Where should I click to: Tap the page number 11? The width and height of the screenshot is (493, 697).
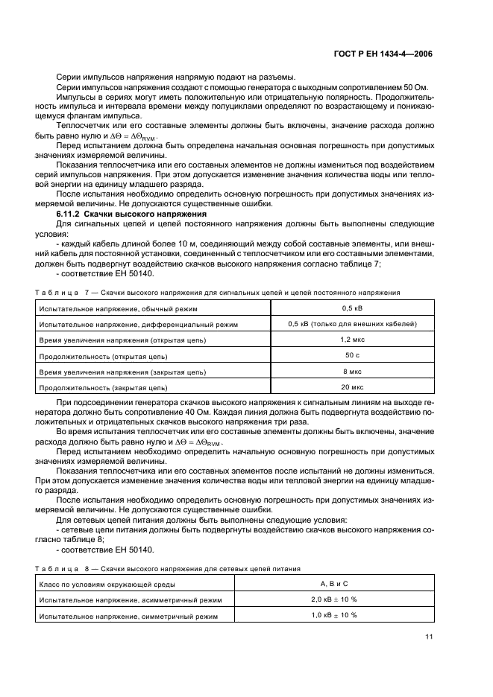pyautogui.click(x=428, y=637)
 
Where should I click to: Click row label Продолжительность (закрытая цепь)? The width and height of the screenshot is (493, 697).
pyautogui.click(x=103, y=387)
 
